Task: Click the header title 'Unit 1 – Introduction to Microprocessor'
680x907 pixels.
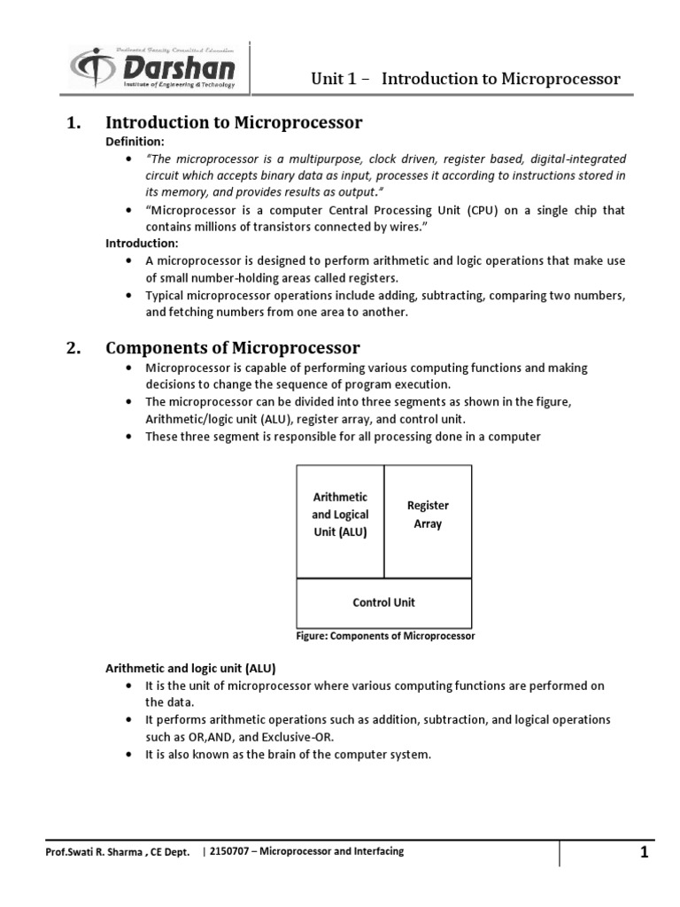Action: (x=465, y=79)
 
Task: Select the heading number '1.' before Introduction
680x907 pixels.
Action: (x=74, y=123)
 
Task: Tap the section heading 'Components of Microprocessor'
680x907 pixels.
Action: (x=233, y=347)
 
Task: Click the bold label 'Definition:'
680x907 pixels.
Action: (x=135, y=142)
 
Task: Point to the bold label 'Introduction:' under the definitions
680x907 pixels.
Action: (x=142, y=243)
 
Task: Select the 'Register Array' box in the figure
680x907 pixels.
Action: (x=428, y=514)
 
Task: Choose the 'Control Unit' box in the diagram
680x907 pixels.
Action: (x=383, y=602)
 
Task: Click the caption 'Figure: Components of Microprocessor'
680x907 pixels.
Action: (x=384, y=636)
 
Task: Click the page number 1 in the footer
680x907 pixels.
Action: (x=645, y=853)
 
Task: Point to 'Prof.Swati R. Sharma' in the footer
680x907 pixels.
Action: (x=94, y=853)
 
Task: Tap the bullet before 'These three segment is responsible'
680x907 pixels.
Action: (x=130, y=438)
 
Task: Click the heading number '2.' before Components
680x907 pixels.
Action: (x=74, y=347)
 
